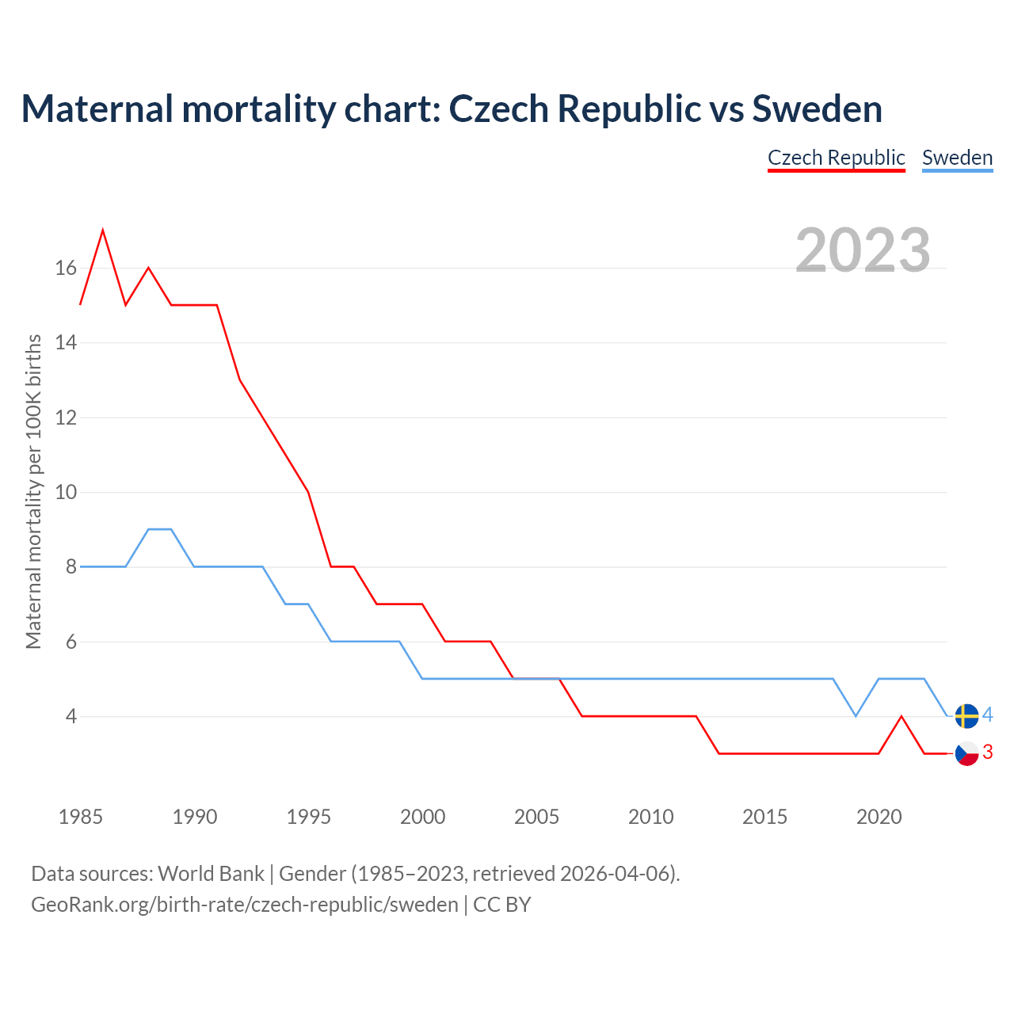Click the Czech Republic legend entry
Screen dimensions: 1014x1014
tap(836, 158)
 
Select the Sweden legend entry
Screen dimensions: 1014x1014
tap(957, 158)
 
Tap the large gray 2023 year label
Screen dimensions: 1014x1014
tap(863, 250)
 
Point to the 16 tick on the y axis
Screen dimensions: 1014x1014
tap(66, 269)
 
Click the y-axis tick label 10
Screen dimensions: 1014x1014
tap(66, 492)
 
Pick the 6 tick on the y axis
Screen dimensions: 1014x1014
tap(71, 642)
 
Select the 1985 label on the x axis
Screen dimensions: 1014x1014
tap(81, 817)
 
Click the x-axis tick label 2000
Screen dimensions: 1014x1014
tap(422, 817)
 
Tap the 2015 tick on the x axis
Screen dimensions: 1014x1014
tap(764, 817)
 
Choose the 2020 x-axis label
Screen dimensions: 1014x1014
tap(879, 817)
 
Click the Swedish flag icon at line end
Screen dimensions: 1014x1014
tap(966, 716)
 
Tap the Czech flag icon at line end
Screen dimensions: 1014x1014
tap(966, 753)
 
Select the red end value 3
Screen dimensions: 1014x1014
tap(987, 753)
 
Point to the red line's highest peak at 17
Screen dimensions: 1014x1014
tap(103, 231)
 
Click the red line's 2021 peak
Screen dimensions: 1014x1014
tap(902, 717)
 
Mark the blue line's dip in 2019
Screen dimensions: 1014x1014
tap(856, 715)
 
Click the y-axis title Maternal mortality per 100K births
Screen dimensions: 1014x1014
tap(34, 491)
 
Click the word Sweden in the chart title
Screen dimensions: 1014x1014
tap(817, 109)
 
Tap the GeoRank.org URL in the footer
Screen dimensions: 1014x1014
tap(245, 905)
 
